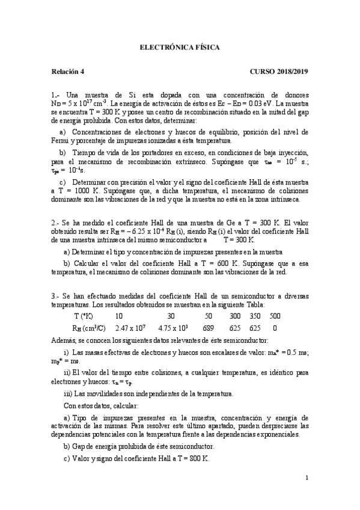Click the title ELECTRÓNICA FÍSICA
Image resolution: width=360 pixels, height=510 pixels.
179,46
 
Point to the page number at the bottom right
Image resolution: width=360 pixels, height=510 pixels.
307,478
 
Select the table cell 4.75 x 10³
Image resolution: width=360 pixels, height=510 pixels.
174,328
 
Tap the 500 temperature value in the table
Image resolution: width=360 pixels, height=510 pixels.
275,316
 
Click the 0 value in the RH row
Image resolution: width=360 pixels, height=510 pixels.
275,328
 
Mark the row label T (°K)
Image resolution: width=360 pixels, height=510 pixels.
84,316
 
